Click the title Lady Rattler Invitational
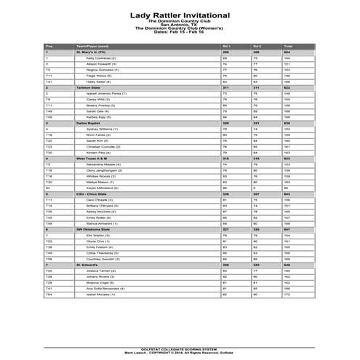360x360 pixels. (x=180, y=14)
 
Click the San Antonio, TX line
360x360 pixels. (x=180, y=25)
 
